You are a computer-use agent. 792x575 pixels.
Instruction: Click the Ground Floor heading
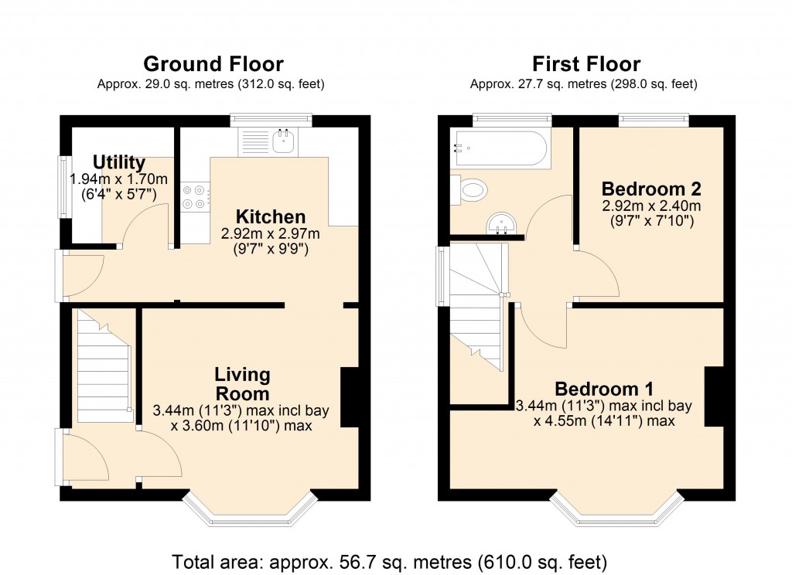click(x=213, y=64)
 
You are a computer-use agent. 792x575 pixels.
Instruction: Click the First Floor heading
click(x=585, y=64)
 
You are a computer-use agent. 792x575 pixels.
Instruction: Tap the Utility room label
click(x=119, y=162)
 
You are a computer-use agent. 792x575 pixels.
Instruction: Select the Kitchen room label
click(x=271, y=217)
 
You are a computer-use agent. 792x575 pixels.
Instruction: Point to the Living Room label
click(x=242, y=384)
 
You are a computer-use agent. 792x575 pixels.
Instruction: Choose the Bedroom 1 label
click(x=604, y=388)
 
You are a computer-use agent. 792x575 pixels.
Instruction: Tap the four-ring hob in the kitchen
click(x=194, y=196)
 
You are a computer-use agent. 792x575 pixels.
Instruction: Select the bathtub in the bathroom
click(x=500, y=149)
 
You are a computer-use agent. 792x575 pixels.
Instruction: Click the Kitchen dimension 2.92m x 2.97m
click(x=271, y=233)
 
